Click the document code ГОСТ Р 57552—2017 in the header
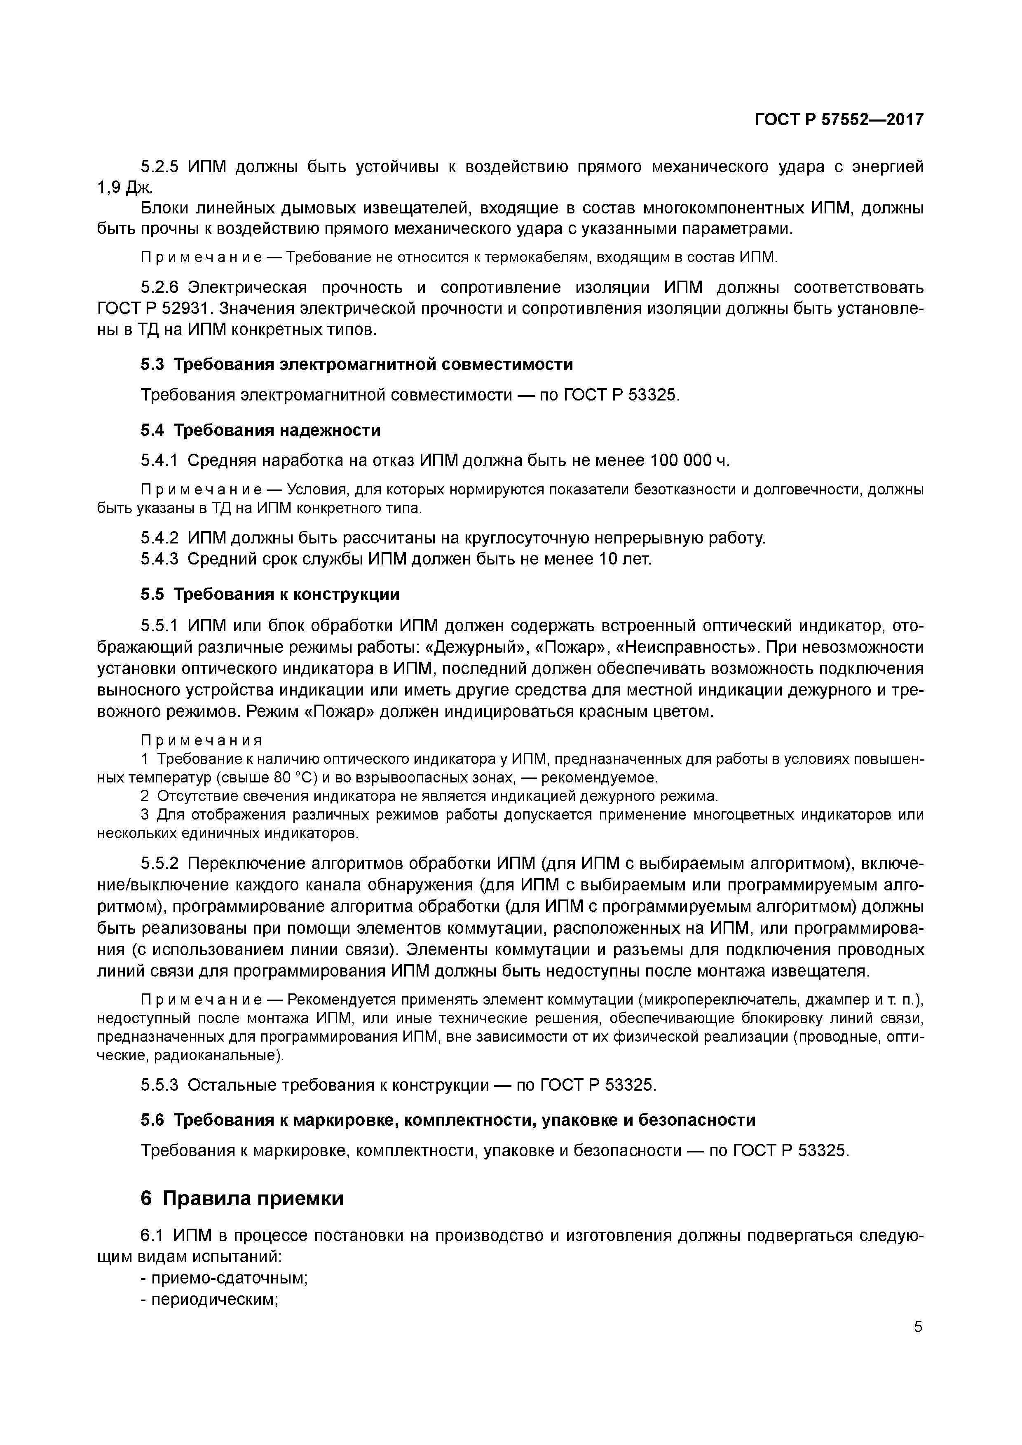[x=839, y=119]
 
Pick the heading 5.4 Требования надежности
[x=260, y=431]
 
